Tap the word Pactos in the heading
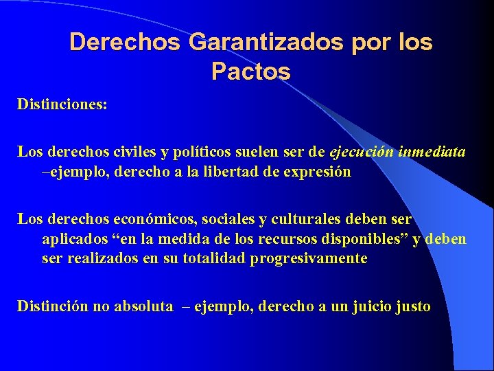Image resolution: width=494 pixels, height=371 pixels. [x=251, y=71]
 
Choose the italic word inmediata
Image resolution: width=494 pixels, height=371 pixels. [x=432, y=152]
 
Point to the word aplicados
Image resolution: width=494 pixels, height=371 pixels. [x=73, y=239]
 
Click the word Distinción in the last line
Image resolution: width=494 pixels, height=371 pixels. [x=51, y=306]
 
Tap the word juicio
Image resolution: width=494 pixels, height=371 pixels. [x=368, y=306]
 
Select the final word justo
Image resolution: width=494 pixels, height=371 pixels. [x=412, y=306]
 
